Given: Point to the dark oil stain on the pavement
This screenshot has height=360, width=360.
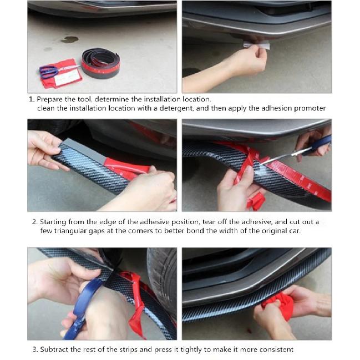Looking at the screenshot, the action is (x=70, y=39).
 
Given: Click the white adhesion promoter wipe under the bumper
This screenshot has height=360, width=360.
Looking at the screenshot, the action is (x=256, y=45).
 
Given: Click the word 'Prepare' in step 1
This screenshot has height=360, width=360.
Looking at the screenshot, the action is (x=49, y=99).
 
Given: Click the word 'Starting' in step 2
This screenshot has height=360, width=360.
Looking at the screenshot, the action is (x=53, y=222).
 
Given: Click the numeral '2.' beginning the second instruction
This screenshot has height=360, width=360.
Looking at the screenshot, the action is (x=34, y=222).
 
